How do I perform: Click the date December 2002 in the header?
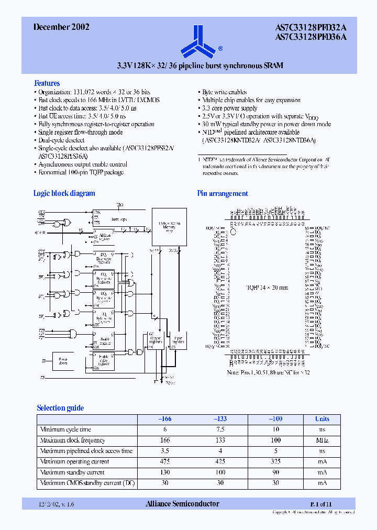tap(61, 27)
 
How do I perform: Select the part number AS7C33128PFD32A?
tap(311, 28)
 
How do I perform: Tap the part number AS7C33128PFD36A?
tap(311, 37)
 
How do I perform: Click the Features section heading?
tap(47, 83)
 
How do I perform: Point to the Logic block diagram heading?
tap(64, 193)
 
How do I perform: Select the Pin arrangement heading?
tap(223, 193)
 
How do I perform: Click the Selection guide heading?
tap(60, 408)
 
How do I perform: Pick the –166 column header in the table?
tap(165, 419)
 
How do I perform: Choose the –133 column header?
tap(220, 419)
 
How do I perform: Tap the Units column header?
tap(322, 419)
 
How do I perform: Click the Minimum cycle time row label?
tap(65, 429)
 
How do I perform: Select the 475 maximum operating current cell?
tap(165, 461)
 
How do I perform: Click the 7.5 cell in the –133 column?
tap(220, 429)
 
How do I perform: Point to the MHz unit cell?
tap(322, 440)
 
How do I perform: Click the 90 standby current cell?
tap(275, 472)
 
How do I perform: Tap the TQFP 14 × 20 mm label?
tap(267, 288)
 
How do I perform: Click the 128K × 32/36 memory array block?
tap(168, 226)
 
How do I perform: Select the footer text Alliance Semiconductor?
tap(182, 504)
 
